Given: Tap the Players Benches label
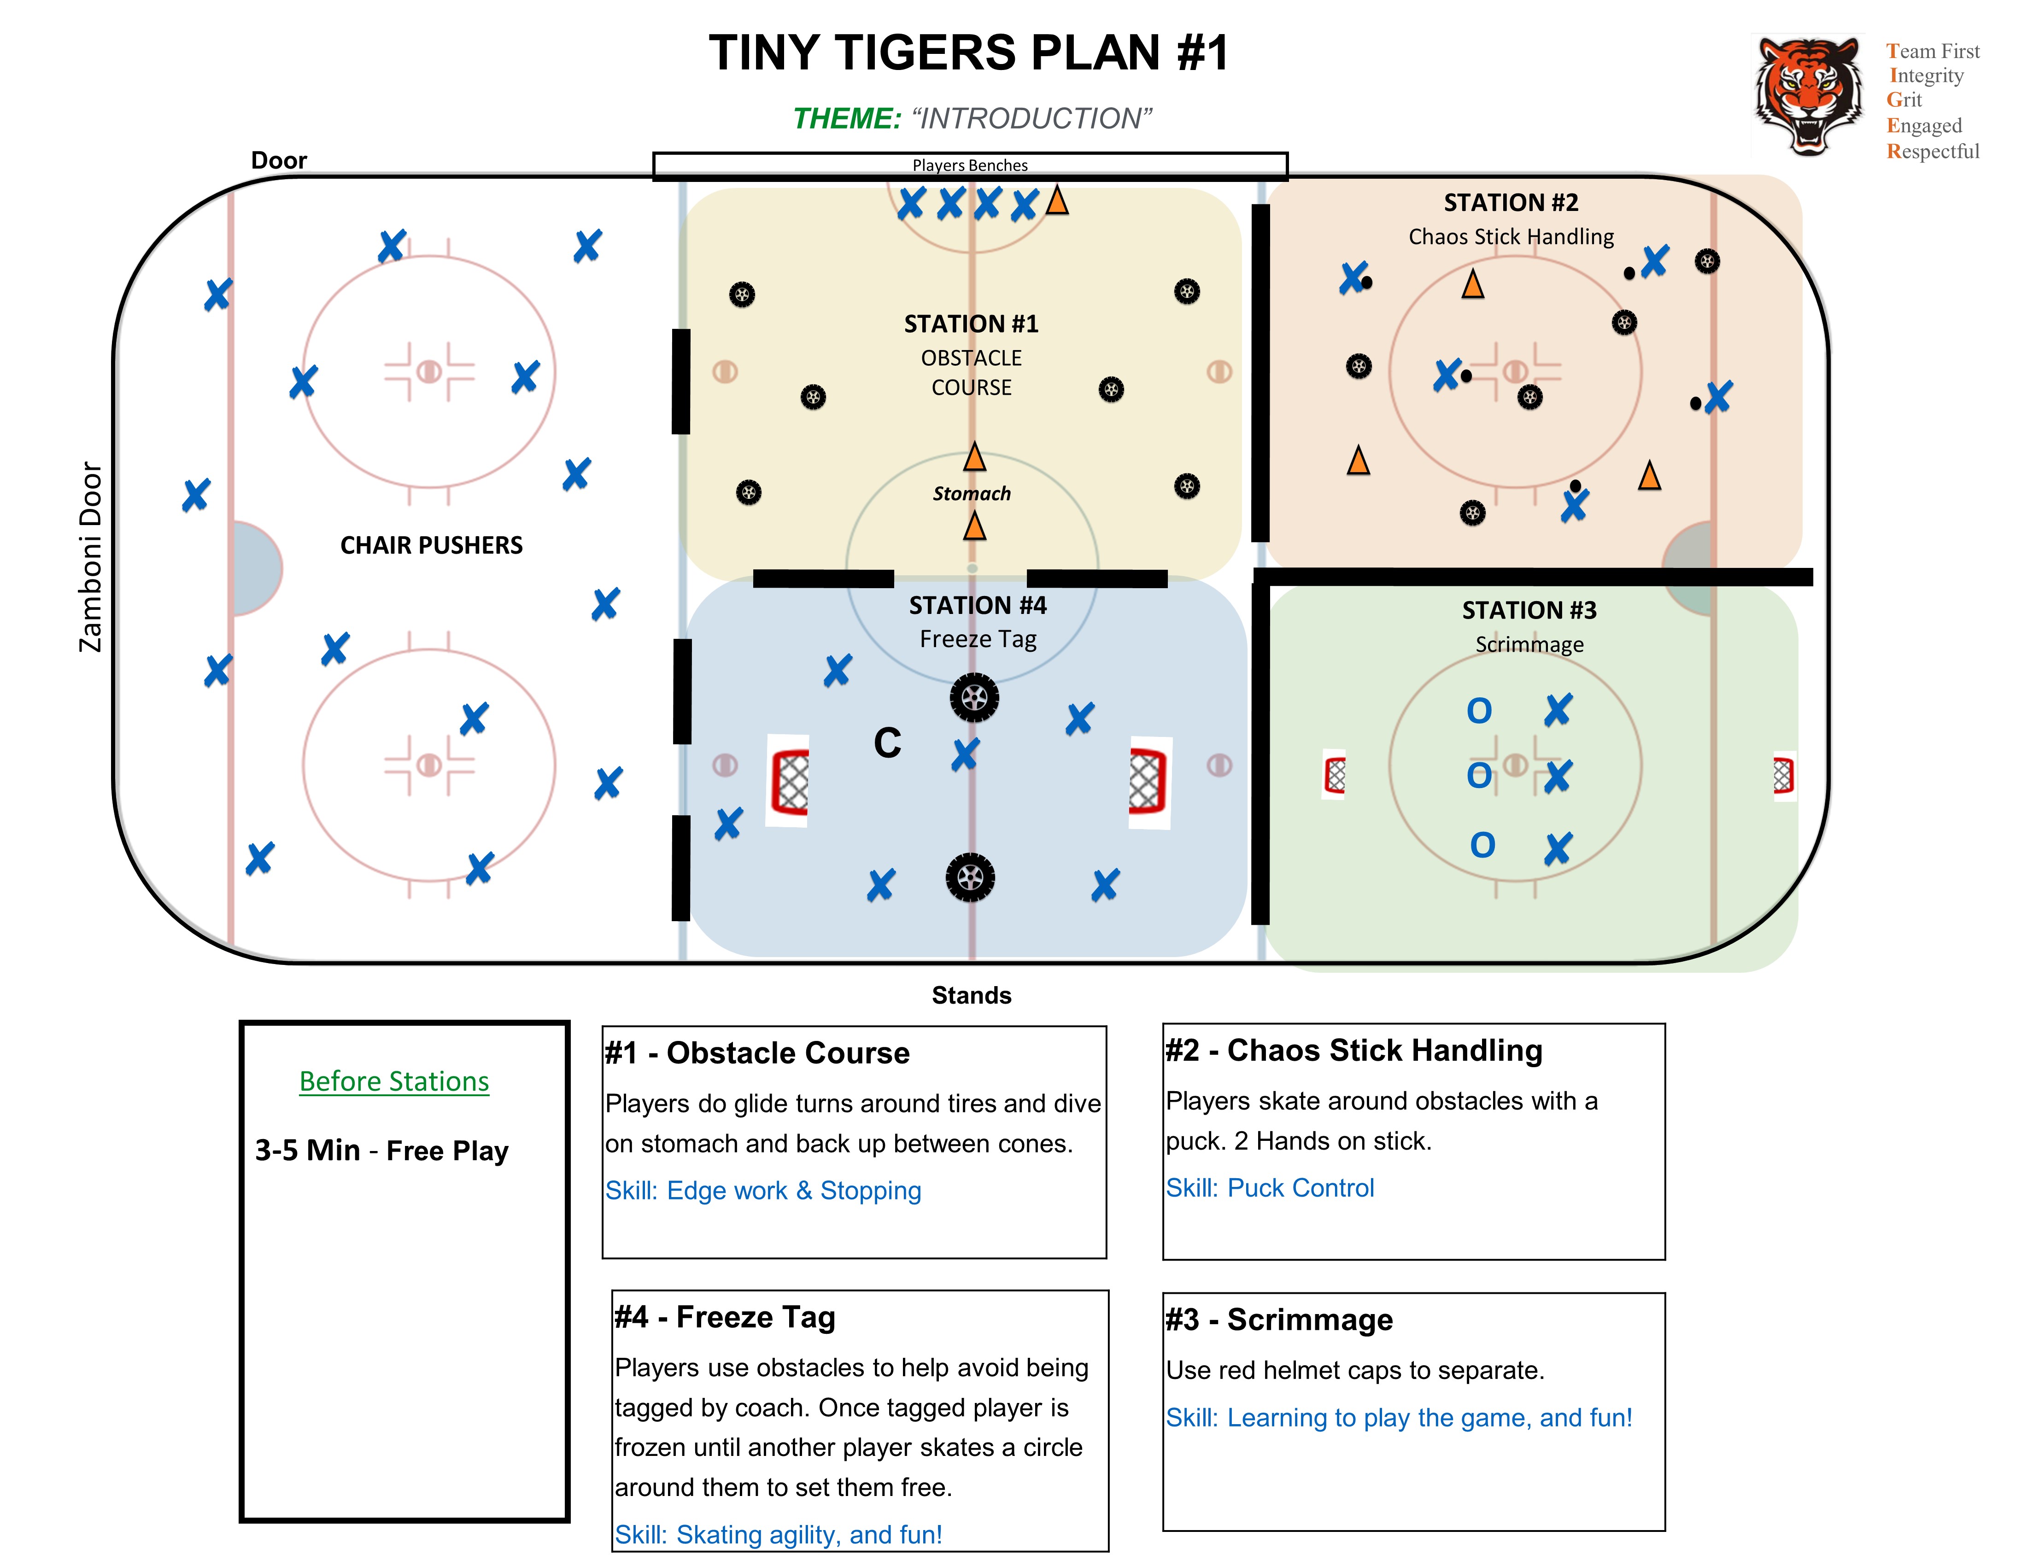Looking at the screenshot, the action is point(970,165).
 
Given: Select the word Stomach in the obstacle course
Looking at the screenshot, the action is point(972,494).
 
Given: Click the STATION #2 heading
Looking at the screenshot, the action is point(1511,202).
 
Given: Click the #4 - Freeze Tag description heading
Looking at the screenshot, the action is point(725,1317).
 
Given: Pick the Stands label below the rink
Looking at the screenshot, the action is point(972,995).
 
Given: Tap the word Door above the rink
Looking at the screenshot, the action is point(278,160).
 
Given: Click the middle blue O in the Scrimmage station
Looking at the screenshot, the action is point(1479,776).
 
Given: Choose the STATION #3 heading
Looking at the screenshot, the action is point(1529,610).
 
